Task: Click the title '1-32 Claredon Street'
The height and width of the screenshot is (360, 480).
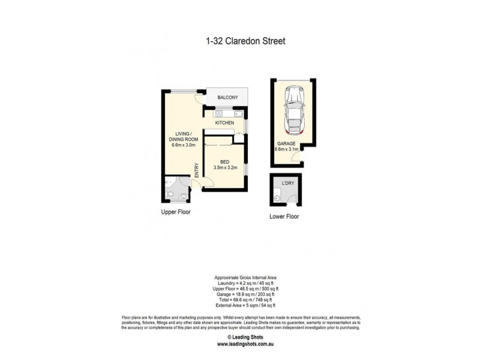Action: (x=242, y=41)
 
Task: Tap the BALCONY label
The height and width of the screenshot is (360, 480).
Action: (x=227, y=98)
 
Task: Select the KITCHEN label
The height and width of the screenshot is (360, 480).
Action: (x=225, y=123)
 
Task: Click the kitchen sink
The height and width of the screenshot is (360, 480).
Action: (x=238, y=113)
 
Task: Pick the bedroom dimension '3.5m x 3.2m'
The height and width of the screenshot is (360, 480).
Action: (x=225, y=168)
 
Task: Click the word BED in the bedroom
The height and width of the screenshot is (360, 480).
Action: (x=225, y=162)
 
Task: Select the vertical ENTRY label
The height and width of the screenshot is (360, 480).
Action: (x=196, y=170)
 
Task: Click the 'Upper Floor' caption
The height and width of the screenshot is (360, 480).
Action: (x=175, y=212)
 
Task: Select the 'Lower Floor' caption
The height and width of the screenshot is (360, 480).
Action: (x=284, y=217)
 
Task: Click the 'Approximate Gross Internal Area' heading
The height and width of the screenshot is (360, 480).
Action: (x=246, y=278)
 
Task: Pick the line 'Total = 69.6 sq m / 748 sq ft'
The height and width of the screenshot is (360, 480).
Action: (x=246, y=299)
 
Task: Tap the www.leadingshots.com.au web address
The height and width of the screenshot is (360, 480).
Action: (x=246, y=344)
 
